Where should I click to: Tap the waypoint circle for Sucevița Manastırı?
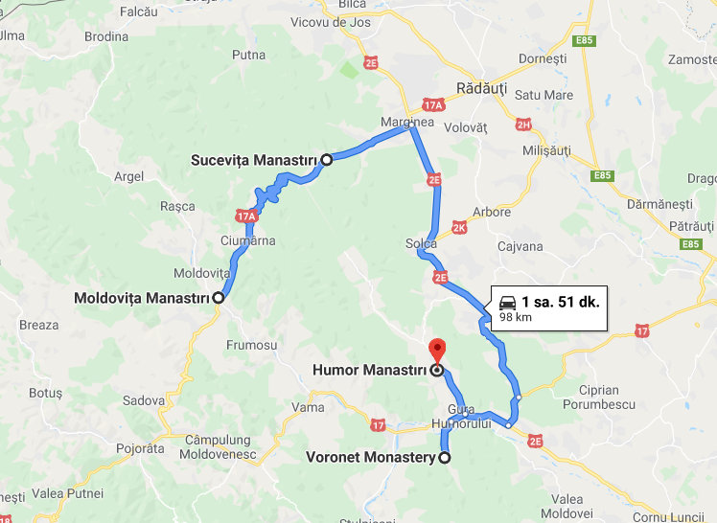[x=326, y=159]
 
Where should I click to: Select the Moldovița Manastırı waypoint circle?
[x=219, y=298]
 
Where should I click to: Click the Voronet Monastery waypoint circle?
[x=444, y=458]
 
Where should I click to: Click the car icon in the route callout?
[x=507, y=302]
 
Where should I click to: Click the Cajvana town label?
[x=520, y=247]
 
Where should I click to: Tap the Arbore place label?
[x=493, y=212]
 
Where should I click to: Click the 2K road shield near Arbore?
[x=459, y=228]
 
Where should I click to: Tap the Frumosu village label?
[x=252, y=345]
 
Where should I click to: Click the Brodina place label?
[x=105, y=36]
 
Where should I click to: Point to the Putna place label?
[x=248, y=55]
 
